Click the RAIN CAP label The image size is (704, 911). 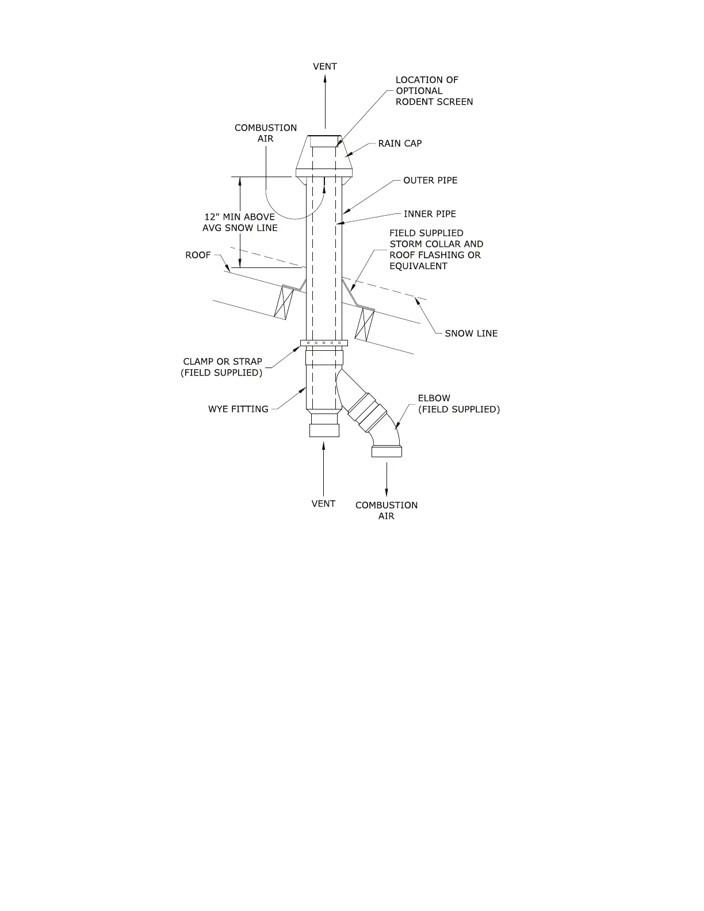click(400, 143)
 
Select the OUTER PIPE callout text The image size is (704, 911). click(430, 180)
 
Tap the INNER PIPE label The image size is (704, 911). click(430, 214)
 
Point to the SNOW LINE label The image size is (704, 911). click(471, 333)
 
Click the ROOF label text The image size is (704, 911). click(198, 255)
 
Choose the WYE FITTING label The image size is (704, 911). click(238, 409)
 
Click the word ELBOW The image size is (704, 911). click(434, 398)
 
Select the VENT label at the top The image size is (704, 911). click(325, 66)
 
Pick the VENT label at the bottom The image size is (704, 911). click(323, 504)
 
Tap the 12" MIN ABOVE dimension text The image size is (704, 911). click(240, 217)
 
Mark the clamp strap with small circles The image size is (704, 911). click(324, 343)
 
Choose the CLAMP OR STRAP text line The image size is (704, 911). click(223, 362)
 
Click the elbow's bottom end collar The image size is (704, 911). click(387, 451)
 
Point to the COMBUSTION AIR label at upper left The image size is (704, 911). click(266, 133)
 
